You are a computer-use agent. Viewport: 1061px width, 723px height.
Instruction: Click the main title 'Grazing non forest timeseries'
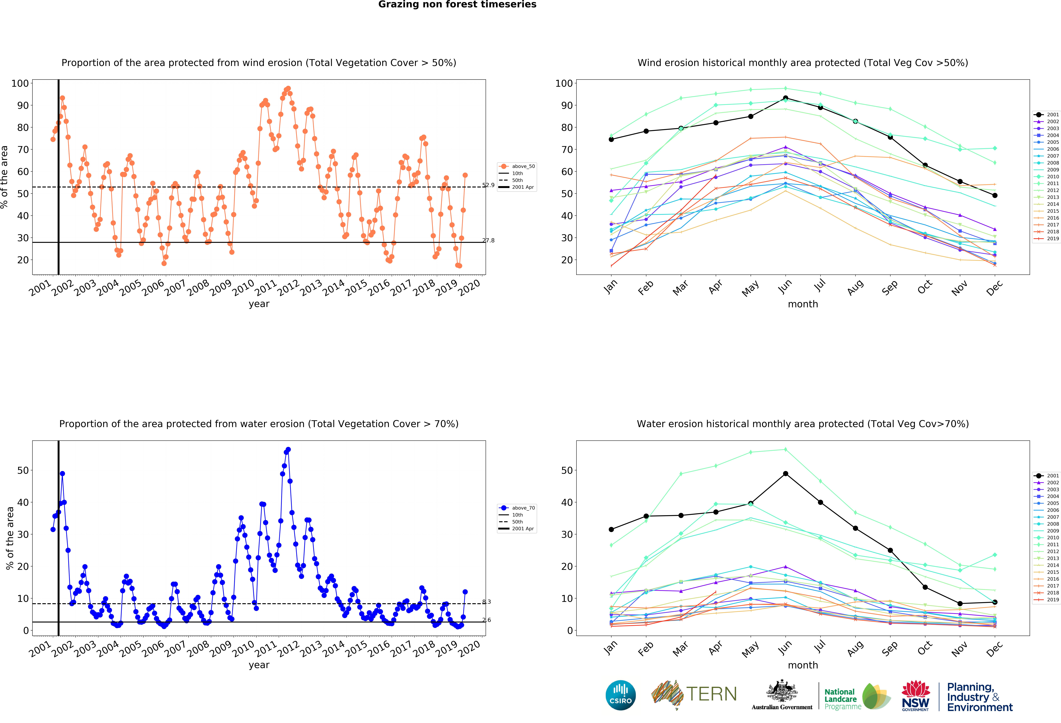[457, 5]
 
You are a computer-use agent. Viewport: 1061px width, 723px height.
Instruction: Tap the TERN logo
[694, 695]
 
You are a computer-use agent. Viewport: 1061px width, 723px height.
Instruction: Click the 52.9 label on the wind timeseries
[488, 185]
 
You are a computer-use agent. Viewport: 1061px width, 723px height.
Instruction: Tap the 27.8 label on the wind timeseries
[488, 241]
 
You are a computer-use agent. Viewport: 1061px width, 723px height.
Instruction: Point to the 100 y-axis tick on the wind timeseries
[20, 83]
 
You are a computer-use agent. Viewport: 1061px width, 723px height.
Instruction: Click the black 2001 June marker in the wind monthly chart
[785, 98]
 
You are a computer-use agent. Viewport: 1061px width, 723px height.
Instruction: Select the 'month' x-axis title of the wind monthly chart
[803, 304]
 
